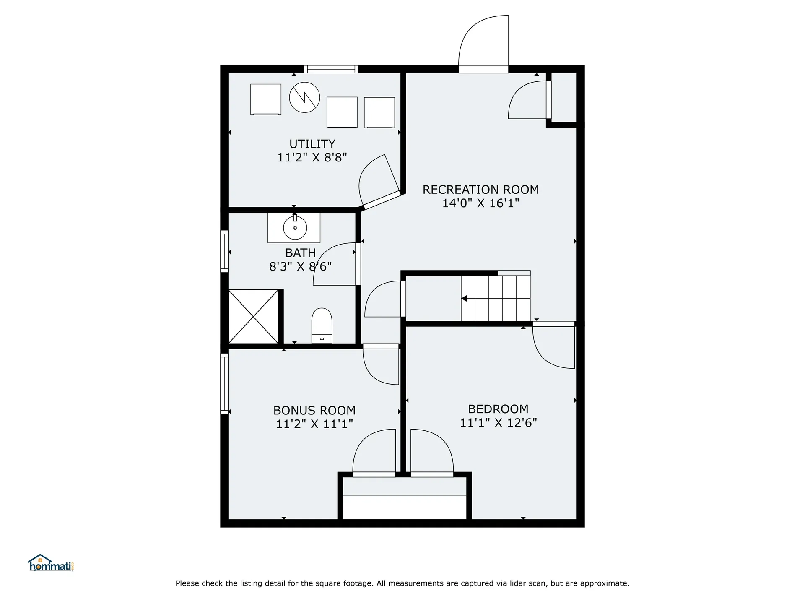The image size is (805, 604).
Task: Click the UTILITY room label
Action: [312, 144]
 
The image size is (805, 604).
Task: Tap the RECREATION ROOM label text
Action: [480, 190]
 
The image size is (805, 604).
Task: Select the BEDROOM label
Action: [498, 409]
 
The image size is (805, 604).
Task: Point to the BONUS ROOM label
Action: [314, 410]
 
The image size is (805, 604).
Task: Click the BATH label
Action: [301, 253]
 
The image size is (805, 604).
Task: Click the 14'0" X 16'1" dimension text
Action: [480, 203]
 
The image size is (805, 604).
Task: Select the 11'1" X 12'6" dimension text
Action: [498, 422]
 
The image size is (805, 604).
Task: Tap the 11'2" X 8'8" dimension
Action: [312, 157]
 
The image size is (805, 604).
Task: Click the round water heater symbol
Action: [305, 97]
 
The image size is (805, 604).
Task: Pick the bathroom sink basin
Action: [295, 228]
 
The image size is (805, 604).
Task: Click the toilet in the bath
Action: [322, 326]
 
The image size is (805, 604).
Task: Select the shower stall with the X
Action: [253, 316]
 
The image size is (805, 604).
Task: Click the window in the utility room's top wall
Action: [331, 69]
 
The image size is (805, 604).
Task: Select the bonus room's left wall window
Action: [224, 384]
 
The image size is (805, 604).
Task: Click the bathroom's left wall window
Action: [224, 251]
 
